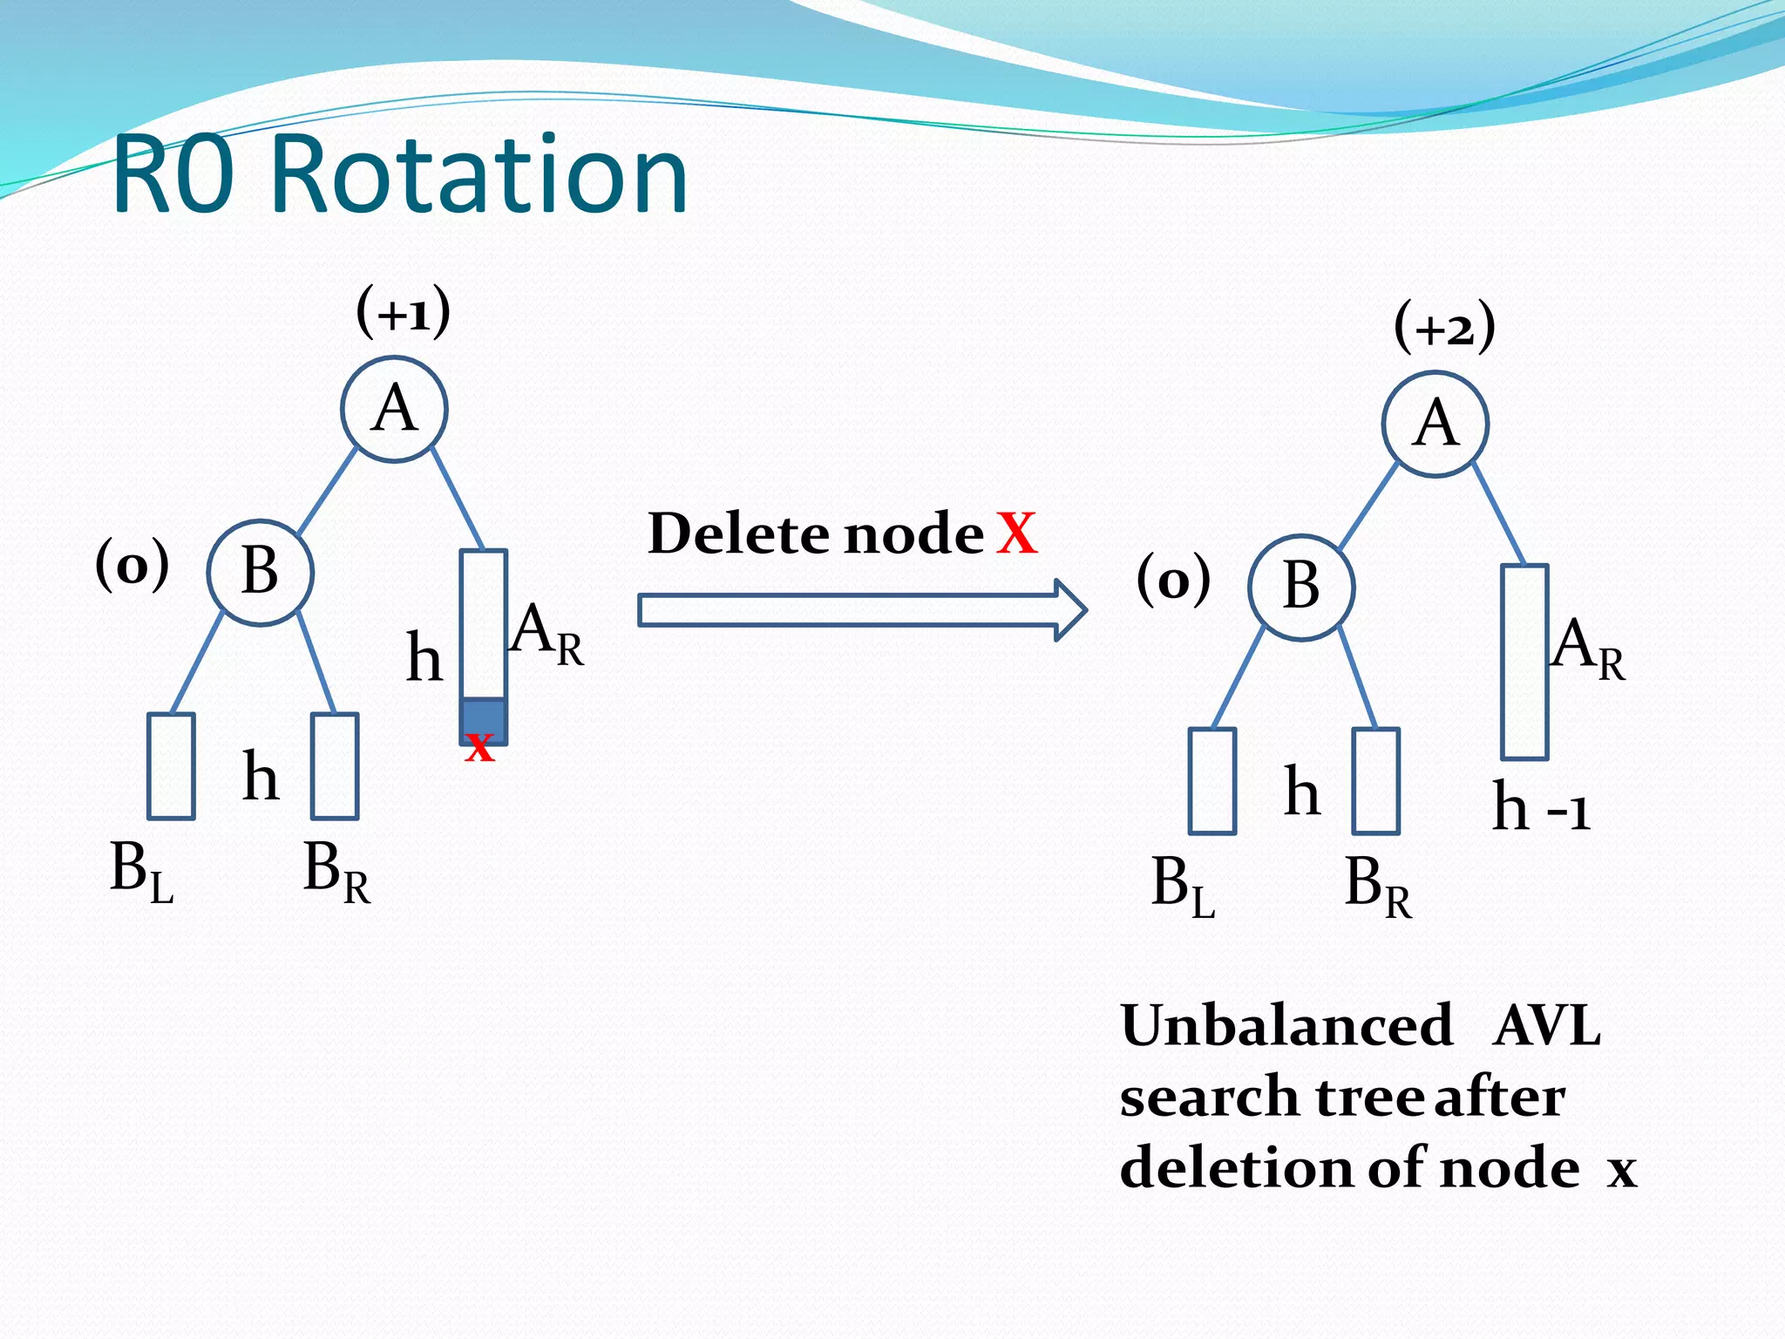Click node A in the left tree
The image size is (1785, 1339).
coord(394,409)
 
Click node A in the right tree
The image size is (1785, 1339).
coord(1435,425)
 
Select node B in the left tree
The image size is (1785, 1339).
coord(260,573)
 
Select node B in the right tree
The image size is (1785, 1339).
coord(1300,588)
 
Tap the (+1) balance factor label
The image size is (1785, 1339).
coord(404,312)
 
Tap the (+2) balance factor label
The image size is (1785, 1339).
coord(1444,328)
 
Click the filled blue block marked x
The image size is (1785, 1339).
coord(483,720)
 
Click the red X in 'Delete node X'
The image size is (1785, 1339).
coord(1017,534)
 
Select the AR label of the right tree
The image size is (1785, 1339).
coord(1587,649)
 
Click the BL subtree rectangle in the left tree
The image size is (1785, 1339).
coord(171,766)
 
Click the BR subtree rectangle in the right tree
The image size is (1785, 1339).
coord(1375,781)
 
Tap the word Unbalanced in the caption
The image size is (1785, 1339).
coord(1286,1025)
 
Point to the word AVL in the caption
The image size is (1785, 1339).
coord(1546,1025)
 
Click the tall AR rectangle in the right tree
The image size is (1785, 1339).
coord(1524,662)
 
